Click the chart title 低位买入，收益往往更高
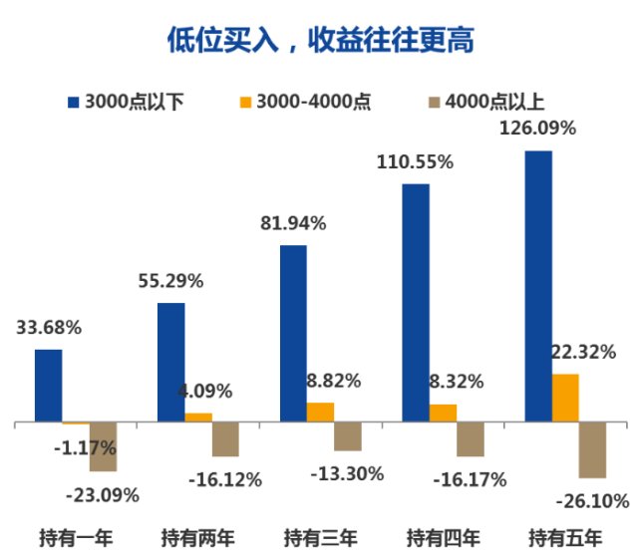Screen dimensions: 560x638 tap(319, 38)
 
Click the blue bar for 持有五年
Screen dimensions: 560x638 tap(538, 287)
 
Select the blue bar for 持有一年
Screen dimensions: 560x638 tap(48, 386)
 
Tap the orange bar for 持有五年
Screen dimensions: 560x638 tap(565, 399)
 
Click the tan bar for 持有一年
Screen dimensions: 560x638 tap(103, 446)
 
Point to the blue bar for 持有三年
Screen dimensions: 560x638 tap(293, 334)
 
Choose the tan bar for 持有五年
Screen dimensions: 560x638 tap(592, 449)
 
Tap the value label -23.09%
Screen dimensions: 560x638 tap(102, 494)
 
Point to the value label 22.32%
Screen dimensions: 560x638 tap(582, 352)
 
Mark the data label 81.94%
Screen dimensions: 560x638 tap(293, 223)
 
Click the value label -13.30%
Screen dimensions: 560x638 tap(348, 473)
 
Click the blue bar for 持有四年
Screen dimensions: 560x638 tap(416, 303)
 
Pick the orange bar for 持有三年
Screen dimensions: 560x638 tap(320, 413)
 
